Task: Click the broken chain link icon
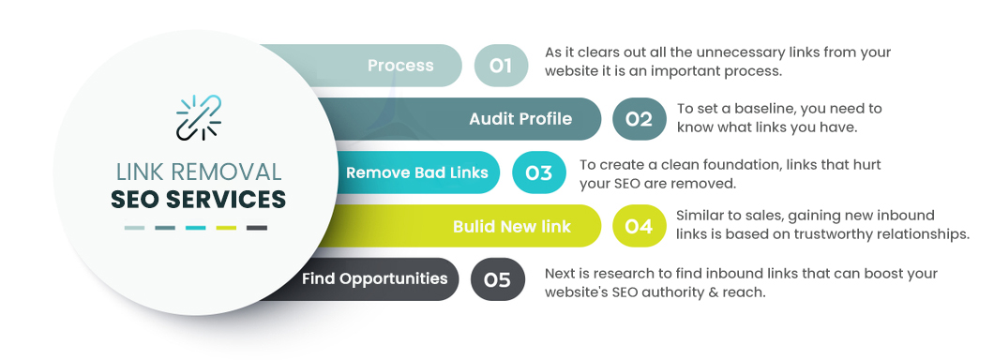(198, 117)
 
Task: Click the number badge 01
(501, 66)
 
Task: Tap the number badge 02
(639, 119)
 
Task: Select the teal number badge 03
(539, 172)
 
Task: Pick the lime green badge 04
(639, 226)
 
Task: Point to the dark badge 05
(497, 279)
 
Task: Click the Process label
(400, 66)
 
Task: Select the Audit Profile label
(520, 119)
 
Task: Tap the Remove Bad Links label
(417, 172)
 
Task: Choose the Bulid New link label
(511, 226)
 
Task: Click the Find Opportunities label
(374, 279)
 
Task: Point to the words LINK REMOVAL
(199, 172)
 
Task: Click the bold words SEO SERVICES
(199, 199)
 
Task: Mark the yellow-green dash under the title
(226, 228)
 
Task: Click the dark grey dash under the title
(256, 228)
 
